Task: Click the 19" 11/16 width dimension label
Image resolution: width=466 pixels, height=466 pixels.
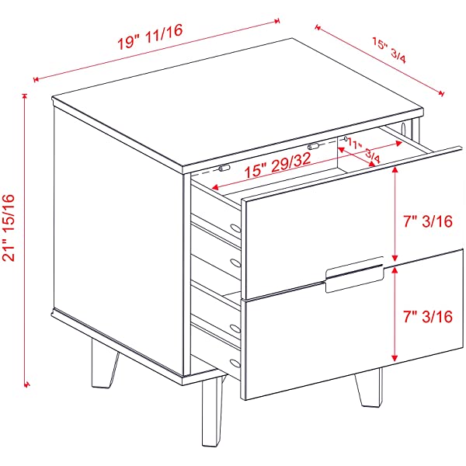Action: coord(150,37)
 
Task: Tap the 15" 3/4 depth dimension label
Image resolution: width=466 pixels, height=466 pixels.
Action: coord(389,50)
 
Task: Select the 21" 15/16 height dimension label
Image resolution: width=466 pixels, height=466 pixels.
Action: coord(9,228)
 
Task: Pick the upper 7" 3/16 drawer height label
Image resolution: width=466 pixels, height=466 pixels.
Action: coord(428,221)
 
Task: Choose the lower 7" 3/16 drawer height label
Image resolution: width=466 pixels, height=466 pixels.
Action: coord(428,317)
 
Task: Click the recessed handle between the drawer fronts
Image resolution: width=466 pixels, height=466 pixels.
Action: coord(354,275)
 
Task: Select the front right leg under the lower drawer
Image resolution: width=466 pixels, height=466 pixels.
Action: coord(368,388)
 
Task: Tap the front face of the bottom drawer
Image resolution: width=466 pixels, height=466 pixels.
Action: coord(353,324)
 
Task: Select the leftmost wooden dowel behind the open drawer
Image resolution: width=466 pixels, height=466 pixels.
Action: coord(224,169)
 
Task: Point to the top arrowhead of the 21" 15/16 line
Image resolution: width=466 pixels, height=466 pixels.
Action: coord(24,96)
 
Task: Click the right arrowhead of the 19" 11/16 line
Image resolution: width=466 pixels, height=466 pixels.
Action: coord(277,21)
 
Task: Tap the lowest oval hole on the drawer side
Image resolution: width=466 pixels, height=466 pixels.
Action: coord(235,363)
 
